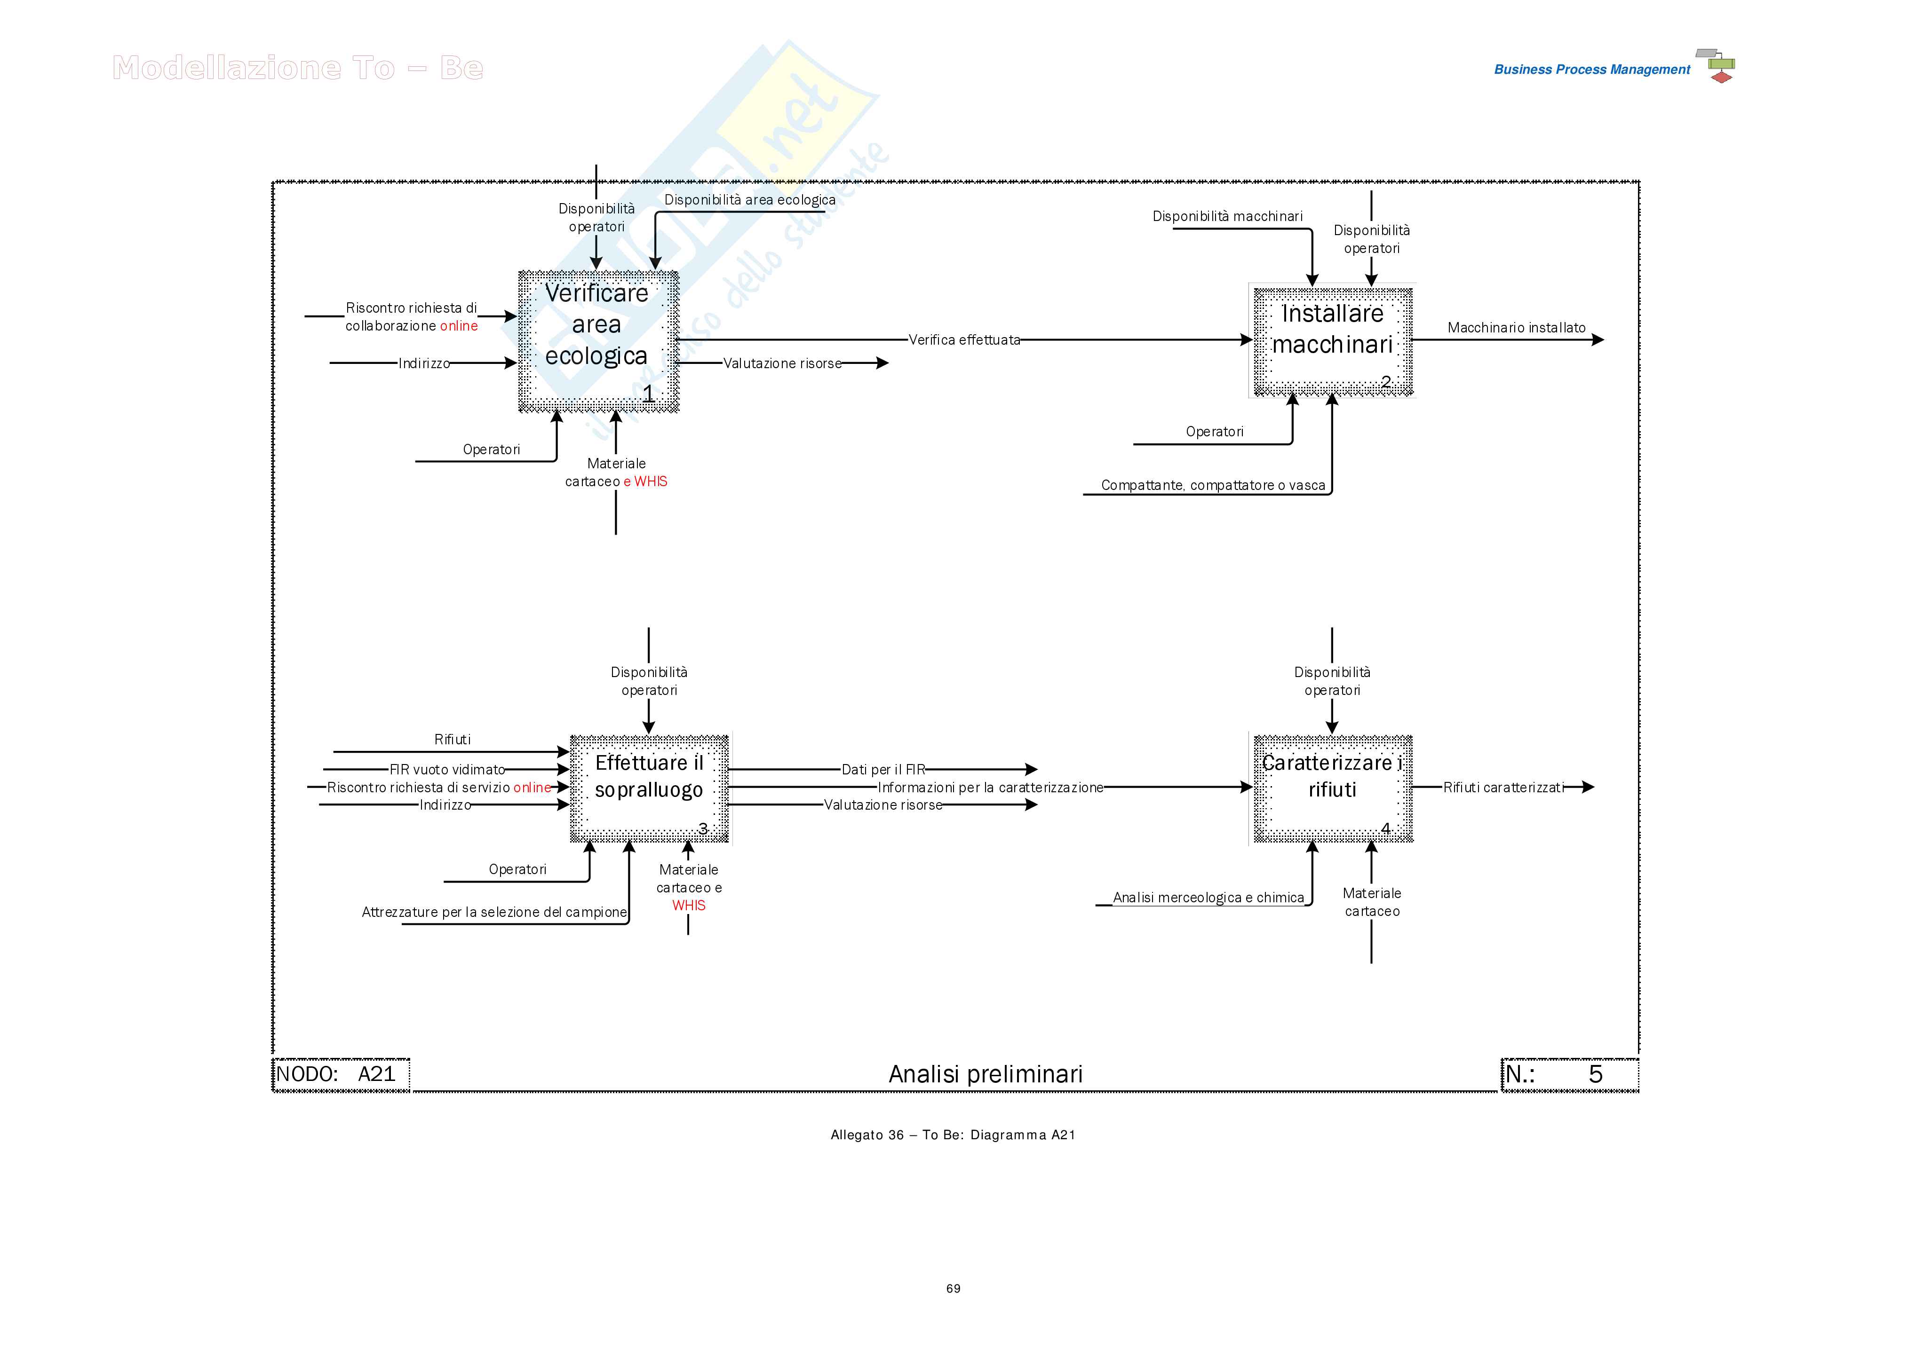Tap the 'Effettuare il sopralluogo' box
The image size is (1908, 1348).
(649, 788)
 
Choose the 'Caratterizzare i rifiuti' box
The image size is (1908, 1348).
(1332, 788)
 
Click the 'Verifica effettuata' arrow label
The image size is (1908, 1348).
(964, 339)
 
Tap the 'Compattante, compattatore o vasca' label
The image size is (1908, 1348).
(1212, 485)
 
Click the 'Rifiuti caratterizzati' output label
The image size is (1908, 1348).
(1503, 788)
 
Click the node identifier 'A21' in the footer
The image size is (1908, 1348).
(376, 1074)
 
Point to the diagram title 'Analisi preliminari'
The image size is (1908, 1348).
(986, 1074)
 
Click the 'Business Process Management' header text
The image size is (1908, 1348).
(1591, 70)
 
